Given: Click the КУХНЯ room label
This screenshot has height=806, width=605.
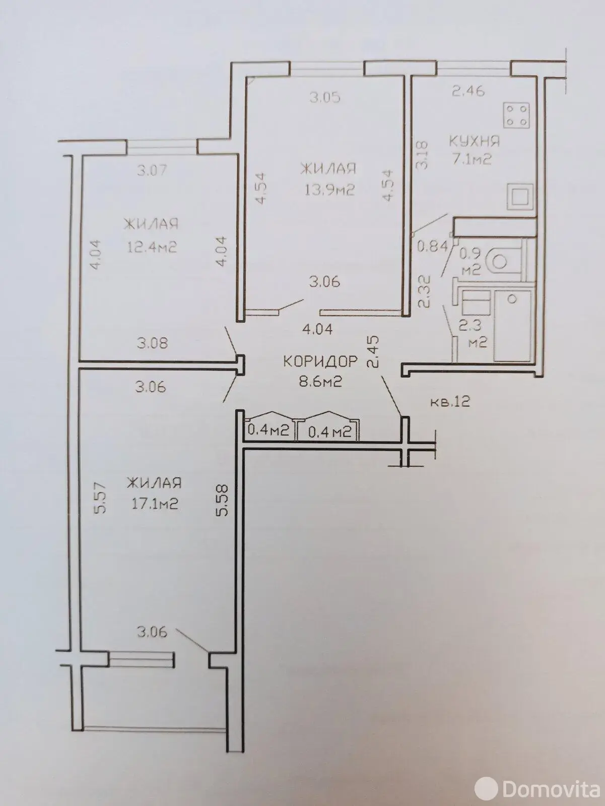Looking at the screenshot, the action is click(x=475, y=141).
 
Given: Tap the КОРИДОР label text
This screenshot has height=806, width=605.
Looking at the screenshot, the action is click(x=320, y=361).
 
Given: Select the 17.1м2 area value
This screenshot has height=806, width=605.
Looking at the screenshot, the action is click(x=155, y=504).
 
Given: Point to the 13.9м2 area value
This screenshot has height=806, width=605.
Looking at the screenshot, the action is click(x=329, y=190).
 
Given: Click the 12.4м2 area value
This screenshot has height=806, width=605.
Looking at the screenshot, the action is click(x=152, y=247).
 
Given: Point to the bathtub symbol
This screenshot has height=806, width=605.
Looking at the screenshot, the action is click(x=512, y=326).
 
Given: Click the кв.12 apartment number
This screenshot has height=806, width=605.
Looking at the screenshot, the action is click(x=450, y=402).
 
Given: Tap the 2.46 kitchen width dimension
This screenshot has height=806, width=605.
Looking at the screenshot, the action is click(x=468, y=91).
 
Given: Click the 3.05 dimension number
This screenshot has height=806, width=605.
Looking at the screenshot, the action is click(x=325, y=97).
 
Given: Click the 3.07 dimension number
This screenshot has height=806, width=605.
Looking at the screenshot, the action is click(x=152, y=170).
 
